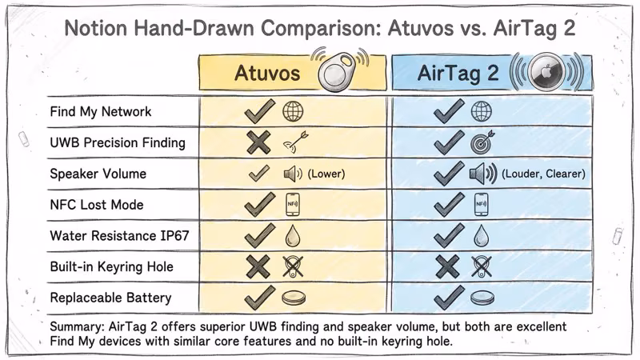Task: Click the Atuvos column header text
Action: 266,74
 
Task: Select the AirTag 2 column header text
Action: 458,74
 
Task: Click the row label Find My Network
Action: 100,111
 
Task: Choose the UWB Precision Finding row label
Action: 118,142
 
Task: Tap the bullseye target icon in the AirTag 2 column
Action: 482,142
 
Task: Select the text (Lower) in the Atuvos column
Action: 326,174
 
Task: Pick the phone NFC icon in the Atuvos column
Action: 294,205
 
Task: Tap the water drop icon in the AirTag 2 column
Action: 481,235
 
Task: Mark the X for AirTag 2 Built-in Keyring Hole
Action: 447,266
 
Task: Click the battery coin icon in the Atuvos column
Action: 294,298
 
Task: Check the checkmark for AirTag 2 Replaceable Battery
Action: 447,297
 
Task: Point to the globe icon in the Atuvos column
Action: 293,111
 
